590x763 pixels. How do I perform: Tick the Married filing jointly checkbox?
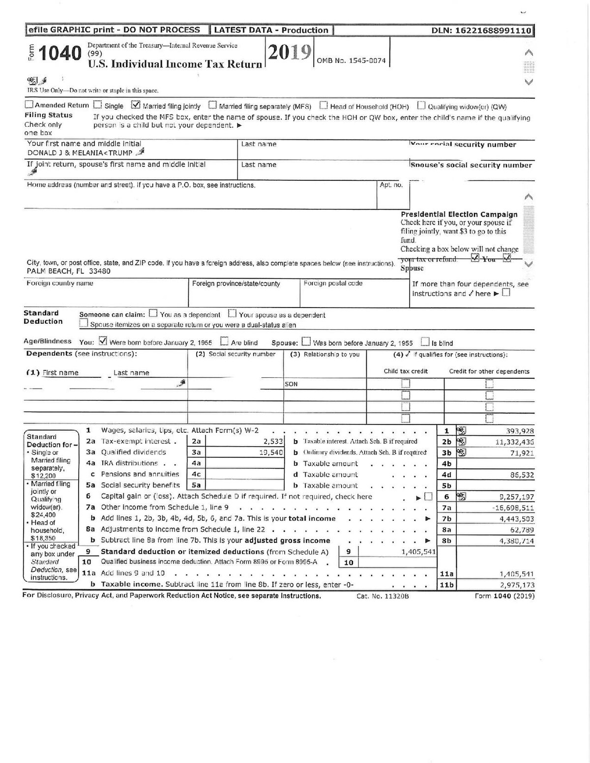click(x=136, y=105)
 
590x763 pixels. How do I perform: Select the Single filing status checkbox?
click(x=98, y=105)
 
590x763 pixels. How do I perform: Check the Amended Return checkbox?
click(x=29, y=105)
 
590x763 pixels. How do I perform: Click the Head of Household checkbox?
click(x=324, y=105)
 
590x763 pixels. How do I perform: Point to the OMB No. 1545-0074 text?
click(x=351, y=61)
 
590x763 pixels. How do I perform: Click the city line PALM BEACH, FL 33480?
click(x=69, y=271)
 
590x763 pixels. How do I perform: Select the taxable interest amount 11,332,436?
click(x=513, y=442)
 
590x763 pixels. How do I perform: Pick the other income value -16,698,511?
click(x=513, y=508)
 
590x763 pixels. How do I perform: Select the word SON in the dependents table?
click(x=291, y=384)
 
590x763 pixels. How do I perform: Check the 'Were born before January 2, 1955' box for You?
click(x=103, y=341)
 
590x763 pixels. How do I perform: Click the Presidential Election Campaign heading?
click(x=459, y=214)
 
